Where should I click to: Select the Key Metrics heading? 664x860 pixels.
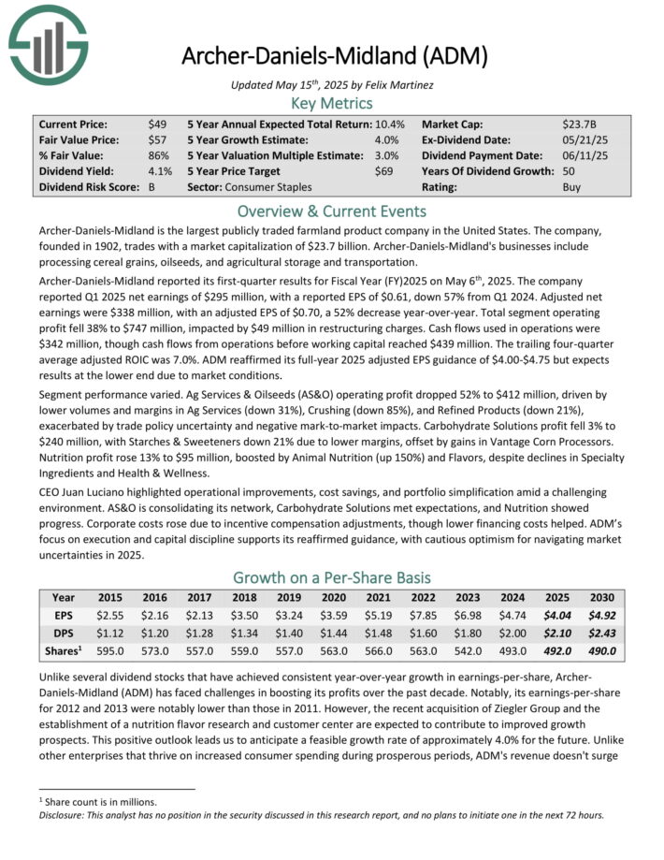pyautogui.click(x=331, y=103)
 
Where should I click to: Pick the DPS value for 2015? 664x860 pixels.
pyautogui.click(x=110, y=633)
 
